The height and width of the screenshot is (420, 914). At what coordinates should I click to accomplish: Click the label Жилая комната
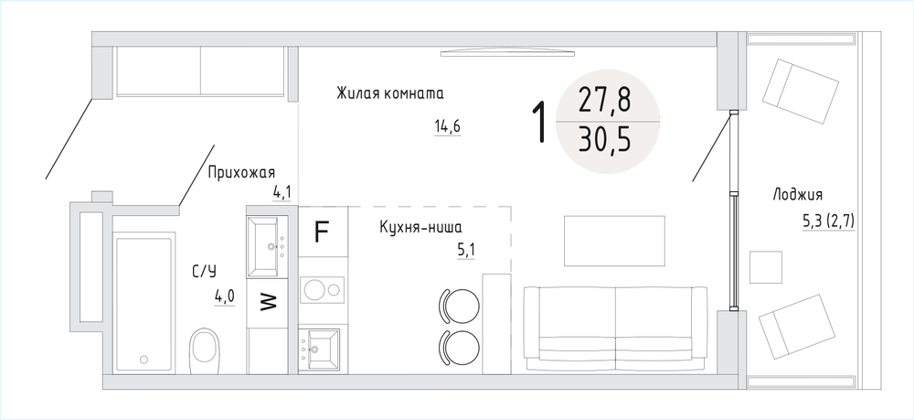pos(390,93)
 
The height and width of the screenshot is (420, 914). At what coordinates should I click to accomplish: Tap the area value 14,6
pos(447,126)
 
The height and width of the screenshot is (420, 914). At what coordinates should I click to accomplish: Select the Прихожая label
pos(241,173)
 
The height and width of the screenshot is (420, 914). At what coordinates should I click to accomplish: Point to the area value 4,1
pos(282,192)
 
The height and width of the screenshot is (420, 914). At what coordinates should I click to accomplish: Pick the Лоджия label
pos(797,195)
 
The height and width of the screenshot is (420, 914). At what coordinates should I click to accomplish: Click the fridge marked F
pos(323,232)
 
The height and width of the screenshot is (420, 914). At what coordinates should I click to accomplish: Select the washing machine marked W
pos(267,302)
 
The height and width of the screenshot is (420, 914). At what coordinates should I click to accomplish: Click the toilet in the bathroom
pos(205,350)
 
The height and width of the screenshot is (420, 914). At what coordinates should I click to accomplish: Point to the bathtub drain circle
pos(144,360)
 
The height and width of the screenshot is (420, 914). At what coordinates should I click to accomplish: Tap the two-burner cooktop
pos(323,289)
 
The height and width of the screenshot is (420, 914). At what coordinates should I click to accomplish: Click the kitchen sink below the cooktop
pos(319,349)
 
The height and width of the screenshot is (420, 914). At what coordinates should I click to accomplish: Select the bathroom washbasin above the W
pos(265,246)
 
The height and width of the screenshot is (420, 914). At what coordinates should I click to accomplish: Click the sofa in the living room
pos(615,328)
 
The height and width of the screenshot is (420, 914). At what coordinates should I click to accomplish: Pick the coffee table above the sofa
pos(614,241)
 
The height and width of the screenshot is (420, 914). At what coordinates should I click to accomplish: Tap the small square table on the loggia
pos(765,267)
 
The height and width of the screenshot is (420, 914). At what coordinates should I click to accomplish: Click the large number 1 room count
pos(541,122)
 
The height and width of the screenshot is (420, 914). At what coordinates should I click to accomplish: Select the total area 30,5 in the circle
pos(604,141)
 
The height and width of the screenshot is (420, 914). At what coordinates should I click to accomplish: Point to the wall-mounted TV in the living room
pos(507,54)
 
